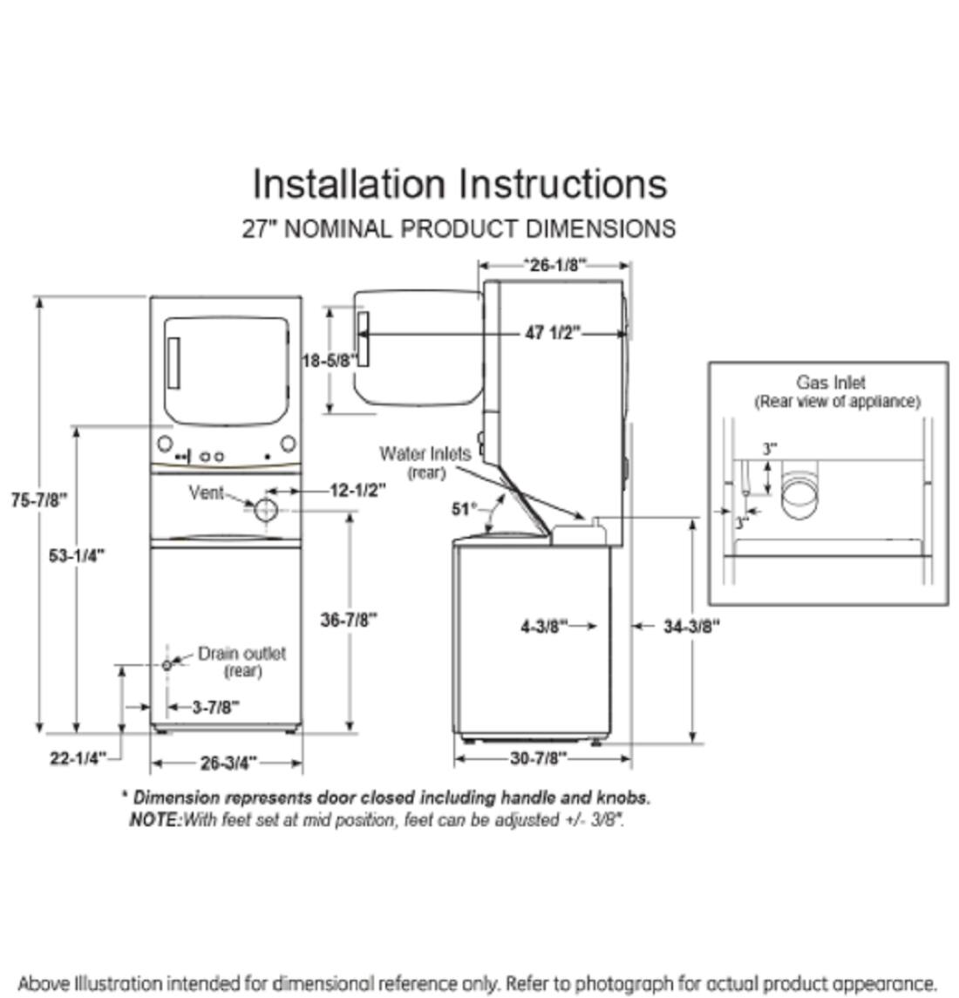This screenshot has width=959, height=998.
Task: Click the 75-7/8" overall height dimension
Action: (x=39, y=500)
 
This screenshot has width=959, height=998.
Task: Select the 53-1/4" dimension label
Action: (x=77, y=555)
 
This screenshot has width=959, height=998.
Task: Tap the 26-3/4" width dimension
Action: (x=228, y=764)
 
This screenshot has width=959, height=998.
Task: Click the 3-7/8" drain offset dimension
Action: (x=214, y=707)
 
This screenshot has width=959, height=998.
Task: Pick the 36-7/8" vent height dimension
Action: (x=349, y=620)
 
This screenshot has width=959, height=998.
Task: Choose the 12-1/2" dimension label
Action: (x=357, y=490)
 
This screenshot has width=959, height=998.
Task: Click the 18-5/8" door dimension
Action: (x=330, y=359)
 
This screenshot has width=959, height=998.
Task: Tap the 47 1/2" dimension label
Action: (x=553, y=333)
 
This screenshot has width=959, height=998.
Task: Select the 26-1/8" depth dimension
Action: (x=554, y=264)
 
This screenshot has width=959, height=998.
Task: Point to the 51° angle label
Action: (x=465, y=508)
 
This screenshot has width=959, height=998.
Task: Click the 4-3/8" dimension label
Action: (x=544, y=626)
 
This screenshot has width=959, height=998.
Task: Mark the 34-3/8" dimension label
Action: (x=691, y=626)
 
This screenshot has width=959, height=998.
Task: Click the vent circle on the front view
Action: (x=266, y=511)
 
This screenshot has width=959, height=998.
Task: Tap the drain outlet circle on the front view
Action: (x=167, y=665)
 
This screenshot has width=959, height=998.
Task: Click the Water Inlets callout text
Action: (x=425, y=454)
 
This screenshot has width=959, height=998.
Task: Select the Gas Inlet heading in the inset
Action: (x=830, y=382)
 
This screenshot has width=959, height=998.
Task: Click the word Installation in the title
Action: (x=349, y=184)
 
